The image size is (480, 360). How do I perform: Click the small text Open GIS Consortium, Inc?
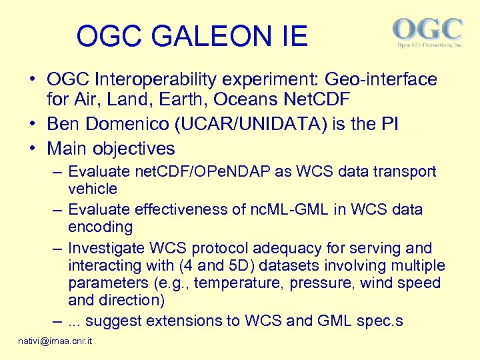pos(429,45)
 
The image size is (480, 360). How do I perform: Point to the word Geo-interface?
pos(381,80)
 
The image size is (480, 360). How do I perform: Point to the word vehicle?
pos(93,189)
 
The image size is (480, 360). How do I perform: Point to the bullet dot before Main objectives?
pos(32,149)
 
